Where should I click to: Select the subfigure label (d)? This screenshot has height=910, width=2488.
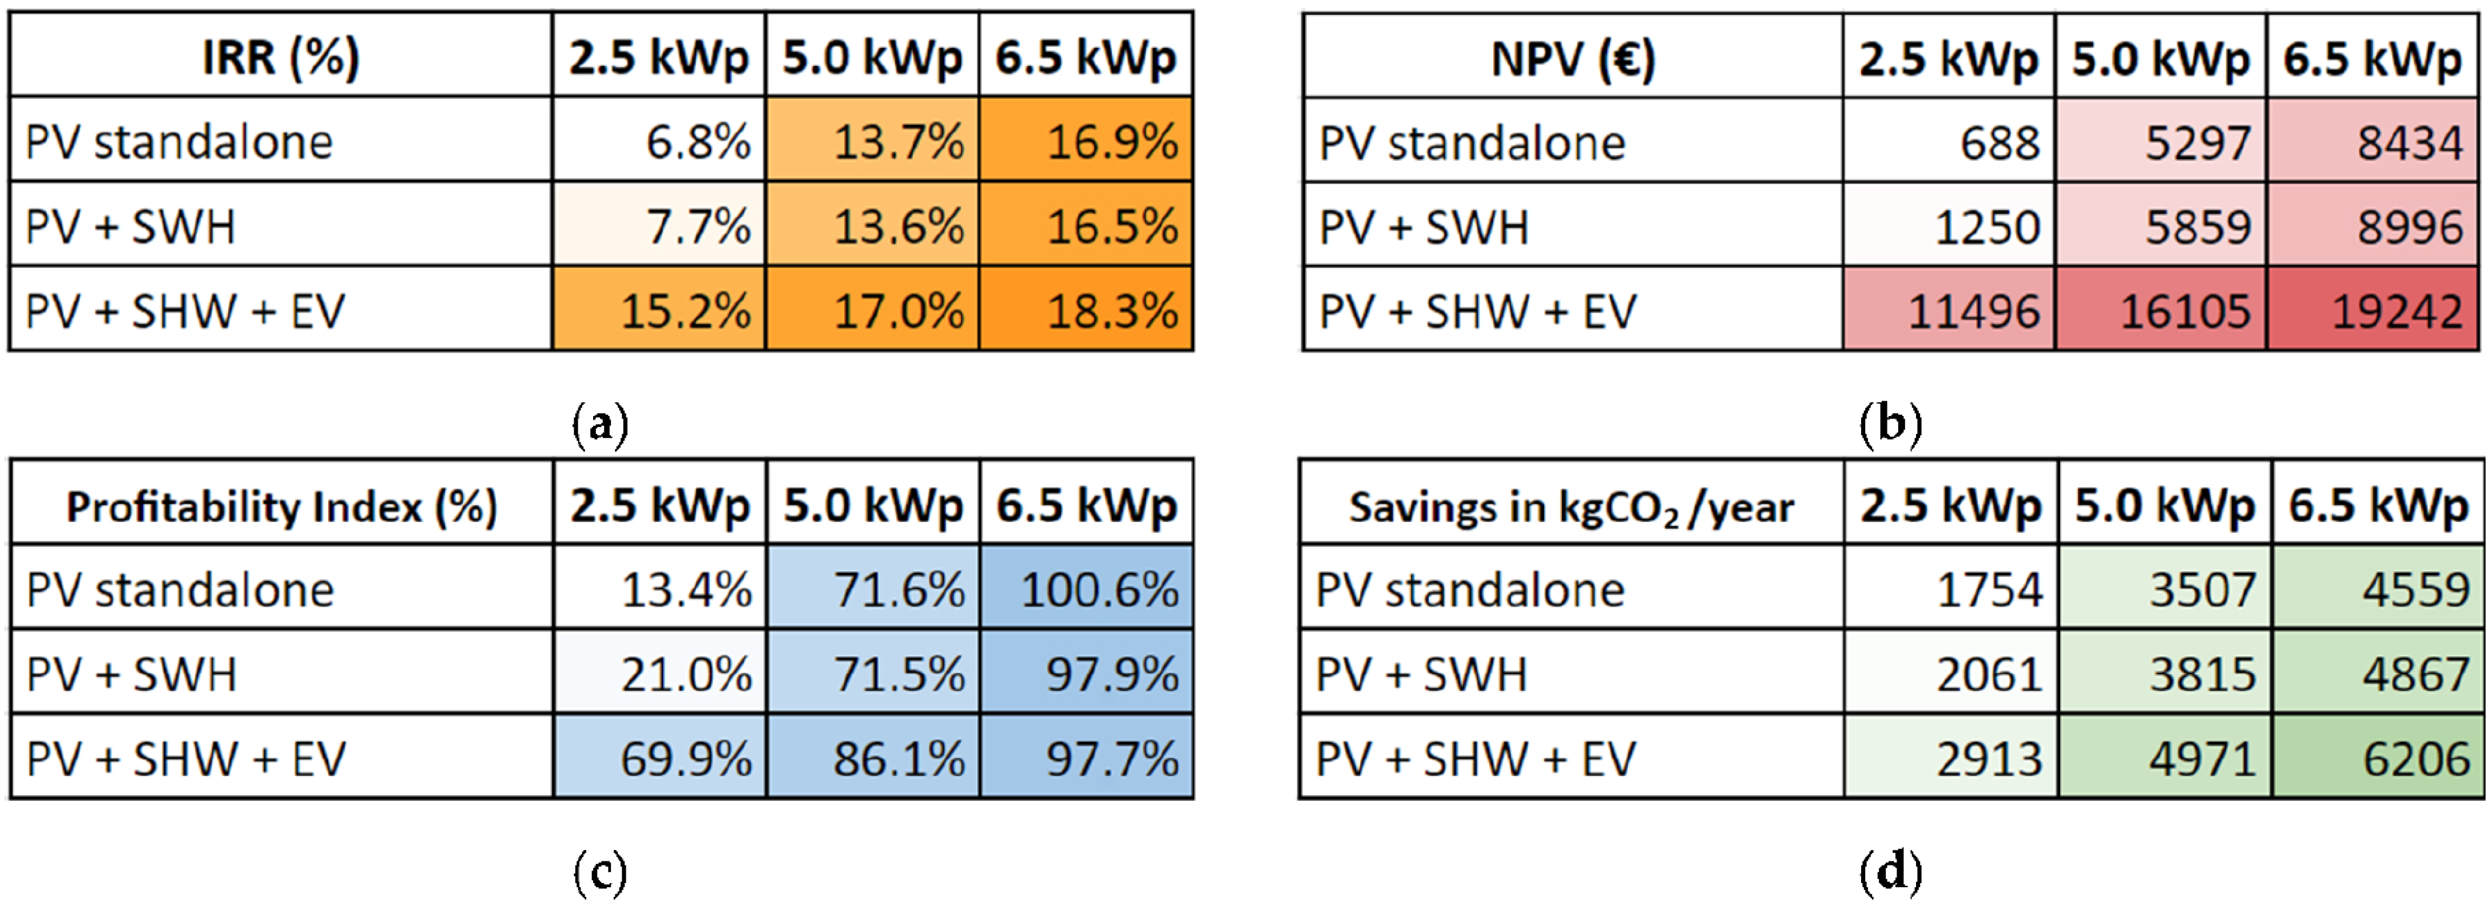(x=1890, y=871)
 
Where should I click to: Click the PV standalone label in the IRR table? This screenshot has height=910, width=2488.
(x=178, y=142)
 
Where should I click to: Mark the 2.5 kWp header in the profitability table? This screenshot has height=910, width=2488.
(x=659, y=505)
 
